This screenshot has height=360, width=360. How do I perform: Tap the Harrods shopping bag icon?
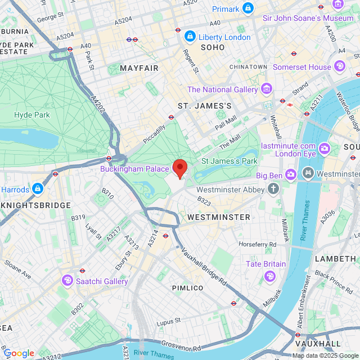pos(37,188)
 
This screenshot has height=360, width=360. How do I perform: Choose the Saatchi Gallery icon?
pos(67,280)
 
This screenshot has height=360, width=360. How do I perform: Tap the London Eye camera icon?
pos(325,149)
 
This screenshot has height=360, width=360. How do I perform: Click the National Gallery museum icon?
pos(267,89)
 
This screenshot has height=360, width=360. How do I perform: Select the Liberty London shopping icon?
pos(190,37)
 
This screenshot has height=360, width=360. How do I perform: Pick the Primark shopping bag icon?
pos(247,8)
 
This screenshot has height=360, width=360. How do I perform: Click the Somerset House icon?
pos(339,66)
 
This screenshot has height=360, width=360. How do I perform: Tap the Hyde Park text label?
pos(32,115)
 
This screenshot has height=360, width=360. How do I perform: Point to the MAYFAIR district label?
pos(139,68)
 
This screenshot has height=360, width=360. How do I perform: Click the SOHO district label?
pos(213,48)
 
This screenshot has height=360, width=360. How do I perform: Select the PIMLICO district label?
pos(187,287)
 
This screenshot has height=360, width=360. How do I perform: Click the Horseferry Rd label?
pos(258,245)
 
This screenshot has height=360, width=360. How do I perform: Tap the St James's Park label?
pos(229,161)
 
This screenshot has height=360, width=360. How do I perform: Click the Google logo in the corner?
pos(19,353)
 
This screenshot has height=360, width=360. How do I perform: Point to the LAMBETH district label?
pos(335,258)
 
